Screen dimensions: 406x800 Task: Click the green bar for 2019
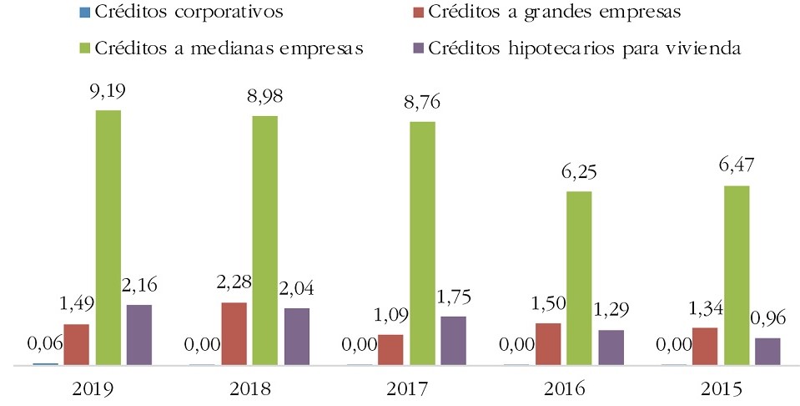coord(108,238)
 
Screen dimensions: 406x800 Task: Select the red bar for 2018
coord(233,334)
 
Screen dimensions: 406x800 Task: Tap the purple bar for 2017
coord(454,341)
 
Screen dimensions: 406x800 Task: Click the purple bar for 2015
coord(767,352)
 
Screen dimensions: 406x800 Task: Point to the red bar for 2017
coord(390,350)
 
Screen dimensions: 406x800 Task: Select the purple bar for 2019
coord(139,335)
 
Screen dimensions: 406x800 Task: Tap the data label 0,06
coord(45,343)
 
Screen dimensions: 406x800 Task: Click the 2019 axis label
coord(92,389)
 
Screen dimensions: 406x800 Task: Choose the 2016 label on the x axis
coord(563,389)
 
